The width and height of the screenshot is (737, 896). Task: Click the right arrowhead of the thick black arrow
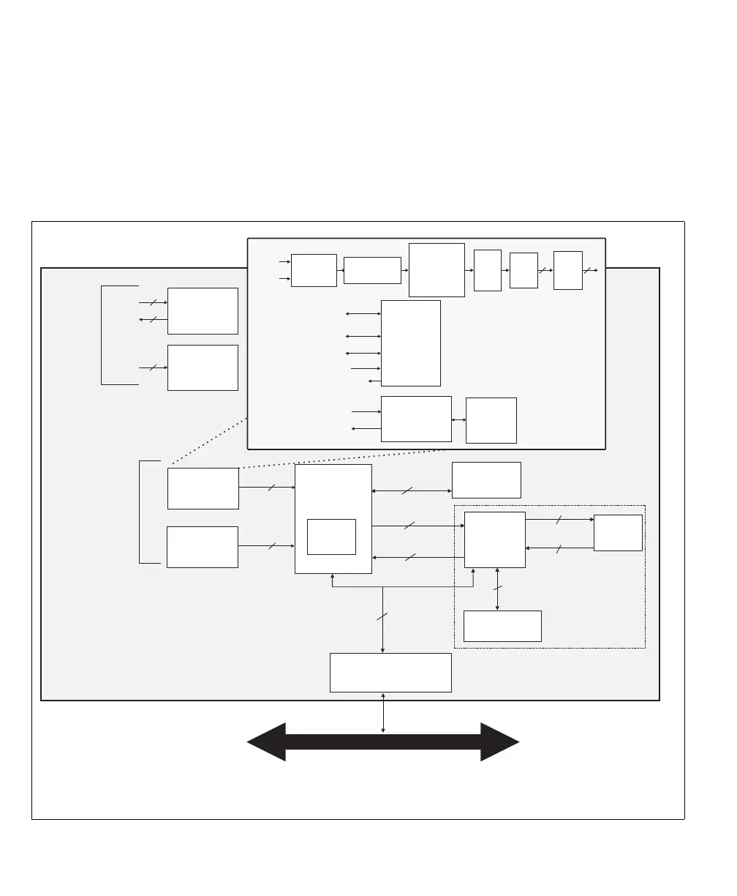[500, 742]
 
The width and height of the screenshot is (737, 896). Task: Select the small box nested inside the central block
[331, 537]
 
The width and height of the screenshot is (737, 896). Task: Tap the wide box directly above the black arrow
[390, 672]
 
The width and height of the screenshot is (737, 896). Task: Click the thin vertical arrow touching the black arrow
[382, 712]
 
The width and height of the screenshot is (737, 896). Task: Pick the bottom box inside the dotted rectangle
[502, 626]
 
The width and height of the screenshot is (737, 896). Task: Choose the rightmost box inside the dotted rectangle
[618, 532]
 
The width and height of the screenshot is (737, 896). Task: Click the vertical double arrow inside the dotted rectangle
[498, 589]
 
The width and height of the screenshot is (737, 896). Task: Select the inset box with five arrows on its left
[411, 343]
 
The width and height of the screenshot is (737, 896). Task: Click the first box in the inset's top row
[314, 270]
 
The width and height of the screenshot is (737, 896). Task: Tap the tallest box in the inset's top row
[436, 270]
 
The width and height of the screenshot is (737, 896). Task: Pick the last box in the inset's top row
[567, 270]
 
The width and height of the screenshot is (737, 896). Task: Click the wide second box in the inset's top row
[372, 270]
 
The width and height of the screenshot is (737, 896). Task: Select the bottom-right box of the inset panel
[491, 420]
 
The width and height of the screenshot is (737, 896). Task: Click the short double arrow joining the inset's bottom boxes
[459, 419]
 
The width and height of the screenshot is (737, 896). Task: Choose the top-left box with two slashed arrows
[203, 310]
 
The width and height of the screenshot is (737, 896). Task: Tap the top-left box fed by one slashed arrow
[203, 367]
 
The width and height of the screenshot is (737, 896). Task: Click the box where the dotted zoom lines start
[203, 488]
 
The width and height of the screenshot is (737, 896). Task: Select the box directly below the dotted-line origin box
[203, 547]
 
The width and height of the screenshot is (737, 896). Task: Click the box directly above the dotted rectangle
[486, 479]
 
